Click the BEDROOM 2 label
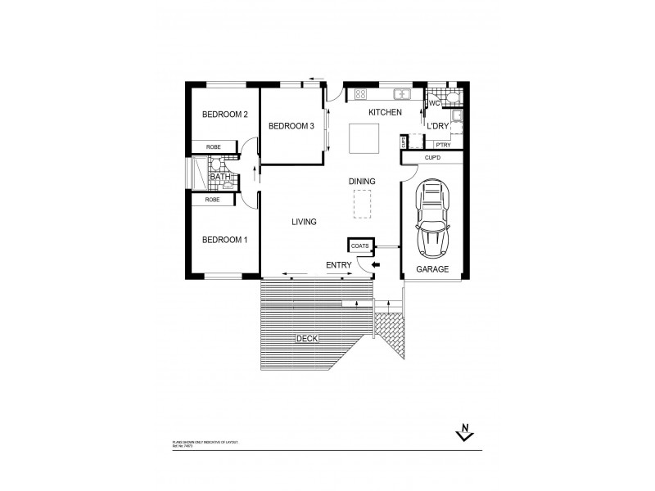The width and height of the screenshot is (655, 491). click(225, 115)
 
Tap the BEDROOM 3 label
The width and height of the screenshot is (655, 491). click(291, 126)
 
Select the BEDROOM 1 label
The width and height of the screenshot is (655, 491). click(225, 240)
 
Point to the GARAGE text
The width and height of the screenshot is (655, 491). click(431, 268)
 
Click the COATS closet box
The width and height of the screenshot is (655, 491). click(360, 245)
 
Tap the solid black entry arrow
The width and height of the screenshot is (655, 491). click(376, 265)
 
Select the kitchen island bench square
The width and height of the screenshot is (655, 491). click(364, 138)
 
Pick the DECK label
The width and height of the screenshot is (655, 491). click(307, 338)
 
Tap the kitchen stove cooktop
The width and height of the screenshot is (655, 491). click(361, 93)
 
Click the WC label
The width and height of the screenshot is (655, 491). click(434, 104)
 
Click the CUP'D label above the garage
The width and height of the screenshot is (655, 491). click(433, 156)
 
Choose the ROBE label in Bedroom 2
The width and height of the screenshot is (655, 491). click(213, 146)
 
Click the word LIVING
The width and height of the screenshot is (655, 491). click(304, 222)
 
